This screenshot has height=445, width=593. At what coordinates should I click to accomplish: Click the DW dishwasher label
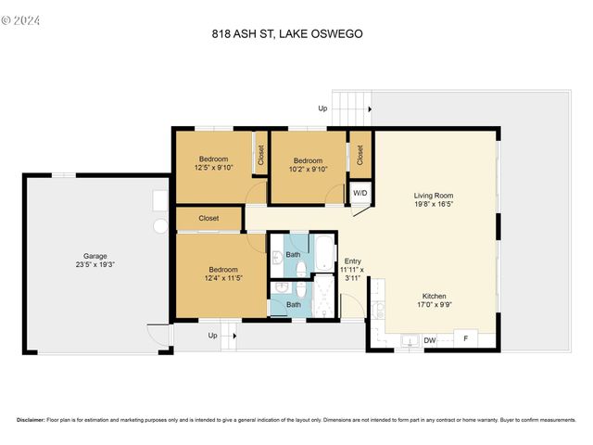tap(430, 341)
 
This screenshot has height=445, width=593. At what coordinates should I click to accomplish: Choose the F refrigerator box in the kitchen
tap(466, 340)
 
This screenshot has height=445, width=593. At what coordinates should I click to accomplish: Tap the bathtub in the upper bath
tap(323, 251)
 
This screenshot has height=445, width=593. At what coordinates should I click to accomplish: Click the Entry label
tap(352, 261)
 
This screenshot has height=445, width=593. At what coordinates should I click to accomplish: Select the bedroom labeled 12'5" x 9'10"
tap(213, 163)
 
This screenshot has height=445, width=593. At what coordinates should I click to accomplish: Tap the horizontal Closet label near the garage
tap(208, 219)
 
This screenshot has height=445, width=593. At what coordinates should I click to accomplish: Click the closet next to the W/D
tap(360, 154)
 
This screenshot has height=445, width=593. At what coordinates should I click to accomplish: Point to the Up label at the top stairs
tap(322, 108)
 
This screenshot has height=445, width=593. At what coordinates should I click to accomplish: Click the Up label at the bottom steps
tap(212, 336)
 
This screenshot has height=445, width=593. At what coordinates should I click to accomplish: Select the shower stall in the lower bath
tap(324, 299)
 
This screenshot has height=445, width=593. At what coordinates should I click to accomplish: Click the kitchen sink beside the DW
tap(408, 341)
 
